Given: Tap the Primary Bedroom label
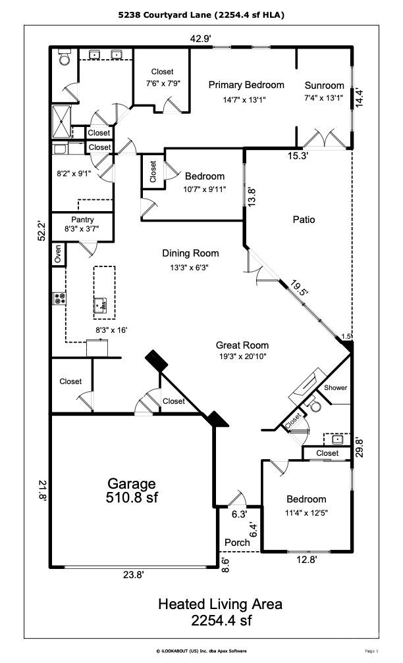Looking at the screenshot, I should point(246,85).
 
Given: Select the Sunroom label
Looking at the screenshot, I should point(325,86).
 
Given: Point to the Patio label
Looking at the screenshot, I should point(304,220).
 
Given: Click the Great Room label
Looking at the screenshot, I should point(242,345).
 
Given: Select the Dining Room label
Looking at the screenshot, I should point(190,253).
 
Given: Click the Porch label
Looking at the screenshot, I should point(237,543).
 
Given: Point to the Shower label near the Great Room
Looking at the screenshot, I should point(335,388).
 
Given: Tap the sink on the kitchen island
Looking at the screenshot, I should point(100,305).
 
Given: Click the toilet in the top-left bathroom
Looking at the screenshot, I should point(65,59).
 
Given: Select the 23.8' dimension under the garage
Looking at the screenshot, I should point(133,574).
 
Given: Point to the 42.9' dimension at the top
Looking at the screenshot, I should point(200,38).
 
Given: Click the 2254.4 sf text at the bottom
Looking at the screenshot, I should point(221,620).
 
